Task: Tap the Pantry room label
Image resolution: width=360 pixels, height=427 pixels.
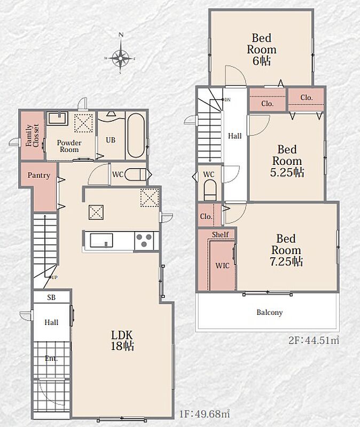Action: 38,176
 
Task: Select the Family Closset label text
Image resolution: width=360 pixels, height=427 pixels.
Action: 32,136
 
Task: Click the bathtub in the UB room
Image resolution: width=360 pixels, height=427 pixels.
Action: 136,136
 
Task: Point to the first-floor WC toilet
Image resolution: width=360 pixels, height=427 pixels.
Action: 136,175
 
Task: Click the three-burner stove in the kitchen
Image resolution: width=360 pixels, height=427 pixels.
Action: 144,241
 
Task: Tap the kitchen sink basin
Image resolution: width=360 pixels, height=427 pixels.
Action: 101,240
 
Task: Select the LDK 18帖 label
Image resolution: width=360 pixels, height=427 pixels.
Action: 122,341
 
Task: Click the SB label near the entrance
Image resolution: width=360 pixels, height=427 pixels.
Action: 51,297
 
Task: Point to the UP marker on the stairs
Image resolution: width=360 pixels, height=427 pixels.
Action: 54,278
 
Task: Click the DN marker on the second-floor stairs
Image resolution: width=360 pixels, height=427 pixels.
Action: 228,100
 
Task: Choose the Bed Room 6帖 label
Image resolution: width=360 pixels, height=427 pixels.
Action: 262,50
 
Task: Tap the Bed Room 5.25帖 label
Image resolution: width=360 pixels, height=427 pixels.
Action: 287,161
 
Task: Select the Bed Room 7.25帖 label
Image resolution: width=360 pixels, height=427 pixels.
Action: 286,250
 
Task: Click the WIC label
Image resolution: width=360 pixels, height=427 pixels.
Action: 222,265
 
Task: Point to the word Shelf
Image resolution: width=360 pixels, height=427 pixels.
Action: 220,234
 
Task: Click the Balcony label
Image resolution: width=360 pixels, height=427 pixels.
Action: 270,312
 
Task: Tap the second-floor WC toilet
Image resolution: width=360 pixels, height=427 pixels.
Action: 210,190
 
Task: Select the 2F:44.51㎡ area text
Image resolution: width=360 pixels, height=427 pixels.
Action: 314,341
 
